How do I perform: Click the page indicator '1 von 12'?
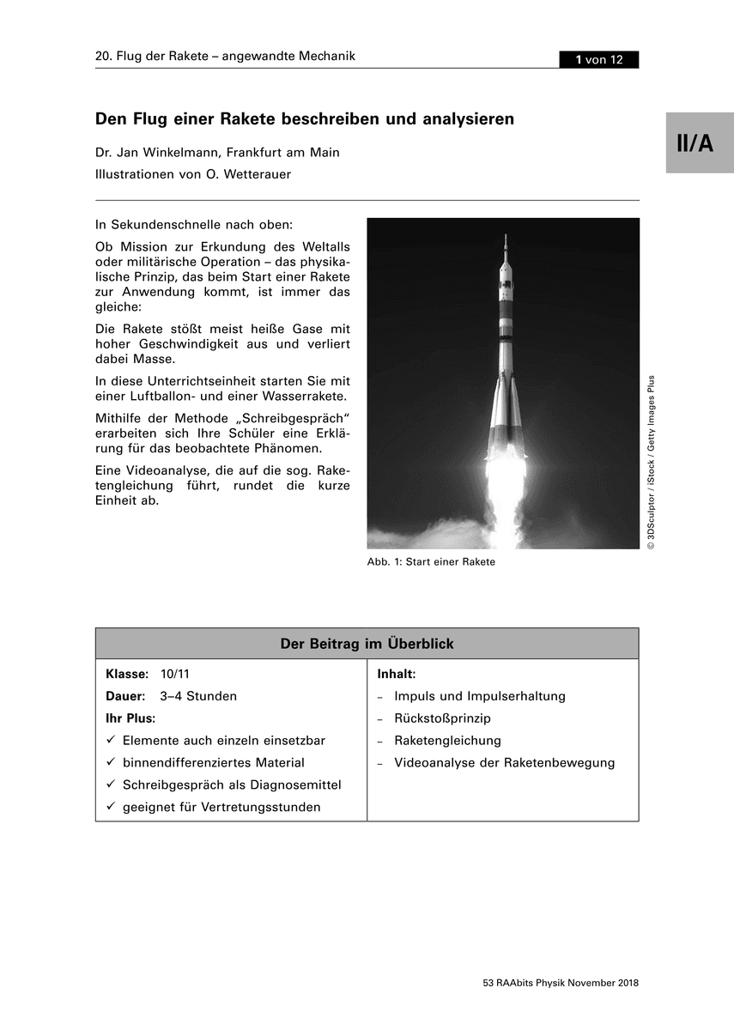(x=598, y=59)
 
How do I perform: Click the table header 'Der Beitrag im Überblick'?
(x=367, y=644)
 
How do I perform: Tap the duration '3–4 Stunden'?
(x=198, y=696)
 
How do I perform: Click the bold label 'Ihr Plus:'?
(x=130, y=718)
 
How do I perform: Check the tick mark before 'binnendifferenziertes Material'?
(x=111, y=762)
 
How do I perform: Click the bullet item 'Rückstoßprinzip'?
(x=442, y=718)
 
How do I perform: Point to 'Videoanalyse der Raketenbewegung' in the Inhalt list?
(x=504, y=762)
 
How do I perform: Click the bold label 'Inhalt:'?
(x=397, y=675)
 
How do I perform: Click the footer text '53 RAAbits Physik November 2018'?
(x=561, y=984)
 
